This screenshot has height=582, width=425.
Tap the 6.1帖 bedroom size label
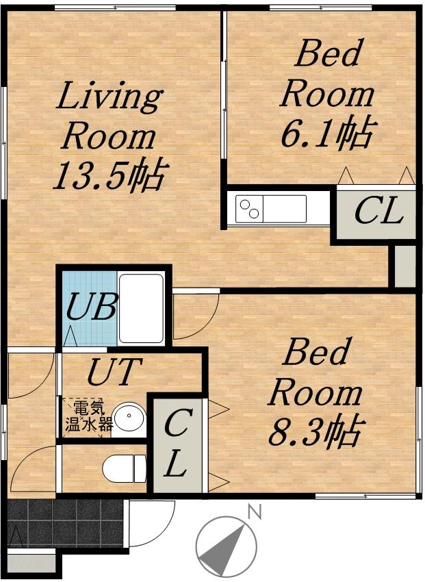[x=326, y=134]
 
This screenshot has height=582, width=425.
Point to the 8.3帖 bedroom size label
[x=315, y=431]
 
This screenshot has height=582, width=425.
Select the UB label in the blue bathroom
[x=92, y=306]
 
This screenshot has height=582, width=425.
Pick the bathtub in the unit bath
[x=141, y=308]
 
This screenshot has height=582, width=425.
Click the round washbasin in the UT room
[x=129, y=418]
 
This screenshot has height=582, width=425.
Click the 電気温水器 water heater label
[x=89, y=416]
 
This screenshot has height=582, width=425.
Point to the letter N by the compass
[x=255, y=513]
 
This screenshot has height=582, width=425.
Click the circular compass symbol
[x=226, y=546]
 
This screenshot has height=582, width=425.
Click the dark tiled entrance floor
[x=65, y=523]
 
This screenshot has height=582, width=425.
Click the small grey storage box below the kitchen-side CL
[x=404, y=266]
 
